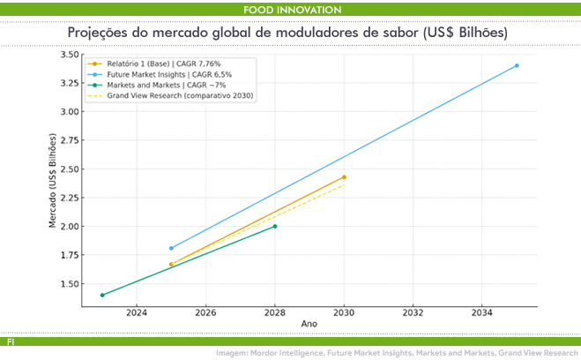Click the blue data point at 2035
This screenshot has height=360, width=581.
click(x=517, y=65)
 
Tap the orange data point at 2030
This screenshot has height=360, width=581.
click(x=344, y=177)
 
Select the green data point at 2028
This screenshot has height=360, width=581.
click(x=275, y=226)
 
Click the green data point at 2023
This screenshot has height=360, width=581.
click(x=102, y=295)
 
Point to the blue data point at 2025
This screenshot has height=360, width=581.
click(x=171, y=248)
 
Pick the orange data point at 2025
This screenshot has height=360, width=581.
click(x=171, y=264)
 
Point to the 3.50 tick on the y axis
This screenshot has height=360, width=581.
click(x=67, y=55)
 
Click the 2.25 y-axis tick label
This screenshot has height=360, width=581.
click(x=67, y=199)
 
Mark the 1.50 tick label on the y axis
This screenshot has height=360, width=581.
click(x=67, y=284)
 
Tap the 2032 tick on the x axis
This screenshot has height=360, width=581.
click(x=413, y=313)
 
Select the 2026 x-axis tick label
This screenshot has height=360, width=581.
click(x=205, y=313)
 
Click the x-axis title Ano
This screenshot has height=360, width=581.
click(x=309, y=325)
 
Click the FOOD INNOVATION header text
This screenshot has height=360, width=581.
click(x=290, y=10)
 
